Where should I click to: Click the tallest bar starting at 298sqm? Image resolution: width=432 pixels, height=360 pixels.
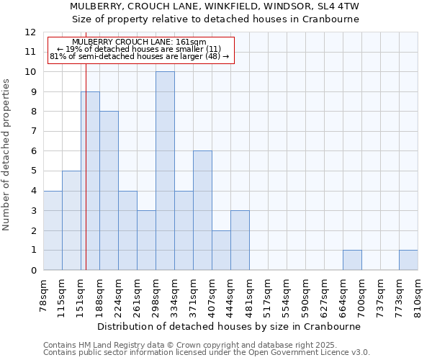(165, 171)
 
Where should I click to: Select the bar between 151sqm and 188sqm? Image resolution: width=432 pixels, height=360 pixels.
(90, 181)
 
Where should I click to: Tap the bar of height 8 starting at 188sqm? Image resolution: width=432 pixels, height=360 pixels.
(109, 191)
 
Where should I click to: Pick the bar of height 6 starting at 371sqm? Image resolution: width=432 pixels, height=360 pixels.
(202, 210)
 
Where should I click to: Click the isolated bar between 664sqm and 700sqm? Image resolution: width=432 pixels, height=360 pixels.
(352, 260)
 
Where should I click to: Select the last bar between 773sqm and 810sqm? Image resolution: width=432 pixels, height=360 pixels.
(408, 260)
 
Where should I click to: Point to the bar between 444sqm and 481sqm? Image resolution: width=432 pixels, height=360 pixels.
(240, 240)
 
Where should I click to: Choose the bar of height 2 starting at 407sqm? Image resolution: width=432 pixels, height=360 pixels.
(221, 250)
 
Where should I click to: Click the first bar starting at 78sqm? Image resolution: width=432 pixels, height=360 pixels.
(53, 230)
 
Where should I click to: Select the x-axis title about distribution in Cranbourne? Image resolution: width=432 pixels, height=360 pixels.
(228, 326)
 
